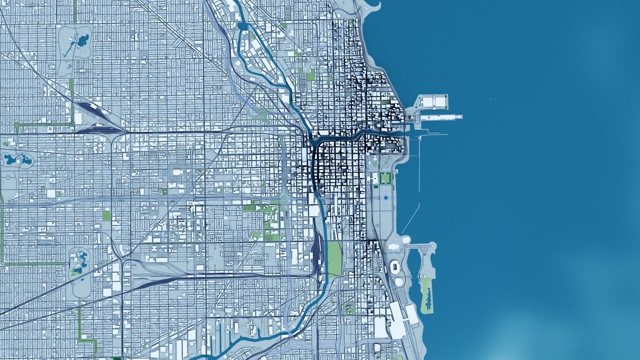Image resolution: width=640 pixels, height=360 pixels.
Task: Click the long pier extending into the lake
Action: click(x=440, y=117)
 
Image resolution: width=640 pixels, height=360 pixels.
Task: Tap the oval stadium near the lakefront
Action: click(x=395, y=267)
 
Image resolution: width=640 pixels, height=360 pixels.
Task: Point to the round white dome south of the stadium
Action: click(x=399, y=282)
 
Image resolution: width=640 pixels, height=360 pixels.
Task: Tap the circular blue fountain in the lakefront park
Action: click(x=386, y=198)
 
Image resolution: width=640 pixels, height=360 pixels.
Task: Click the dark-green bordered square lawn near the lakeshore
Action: click(x=385, y=178)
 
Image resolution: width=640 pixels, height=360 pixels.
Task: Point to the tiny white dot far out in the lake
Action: click(x=491, y=99)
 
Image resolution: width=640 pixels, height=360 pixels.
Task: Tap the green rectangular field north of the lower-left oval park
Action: click(x=107, y=214)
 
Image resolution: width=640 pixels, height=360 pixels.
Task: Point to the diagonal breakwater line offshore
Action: click(x=410, y=219)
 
